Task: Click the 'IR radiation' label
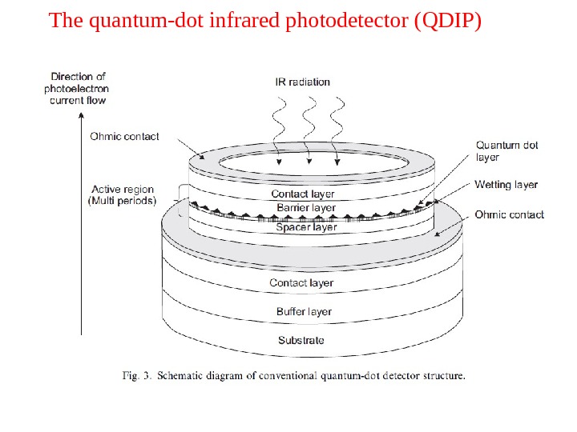pos(302,82)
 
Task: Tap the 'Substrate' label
pos(301,340)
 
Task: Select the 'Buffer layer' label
pos(304,311)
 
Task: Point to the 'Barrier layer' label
pos(305,208)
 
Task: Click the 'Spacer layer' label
pos(306,227)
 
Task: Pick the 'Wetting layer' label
pos(506,185)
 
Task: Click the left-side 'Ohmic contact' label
pos(124,136)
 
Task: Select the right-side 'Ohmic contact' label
pos(509,214)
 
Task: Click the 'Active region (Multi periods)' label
pos(122,195)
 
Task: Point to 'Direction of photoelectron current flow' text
pos(77,89)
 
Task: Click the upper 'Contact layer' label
pos(303,194)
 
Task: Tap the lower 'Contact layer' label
pos(301,282)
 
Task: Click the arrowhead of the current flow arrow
pos(81,115)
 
